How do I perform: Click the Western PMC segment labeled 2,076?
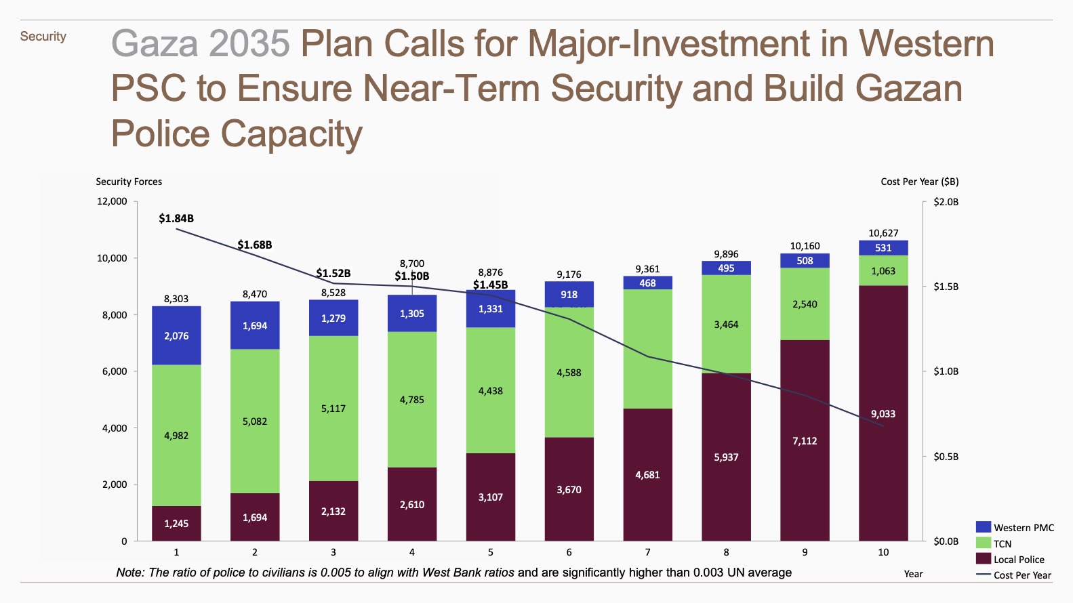pos(176,335)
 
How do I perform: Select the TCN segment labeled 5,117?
pos(333,409)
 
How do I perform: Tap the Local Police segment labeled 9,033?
pos(883,413)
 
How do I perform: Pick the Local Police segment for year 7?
pos(647,474)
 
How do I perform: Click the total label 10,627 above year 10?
pos(883,233)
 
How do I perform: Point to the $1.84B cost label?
pos(176,218)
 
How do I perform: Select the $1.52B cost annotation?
pos(333,273)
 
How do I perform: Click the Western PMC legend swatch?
pos(984,527)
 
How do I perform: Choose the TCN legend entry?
pos(1003,543)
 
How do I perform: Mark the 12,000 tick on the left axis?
pos(112,201)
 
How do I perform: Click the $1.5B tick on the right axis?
pos(946,287)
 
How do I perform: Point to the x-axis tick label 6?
pos(569,552)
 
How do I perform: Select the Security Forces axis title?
pos(129,182)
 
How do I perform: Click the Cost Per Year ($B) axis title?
pos(919,182)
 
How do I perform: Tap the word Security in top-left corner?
pos(43,37)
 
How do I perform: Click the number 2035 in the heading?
pos(249,44)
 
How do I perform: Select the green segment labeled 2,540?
pos(805,304)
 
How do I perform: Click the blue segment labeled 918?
pos(569,295)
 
